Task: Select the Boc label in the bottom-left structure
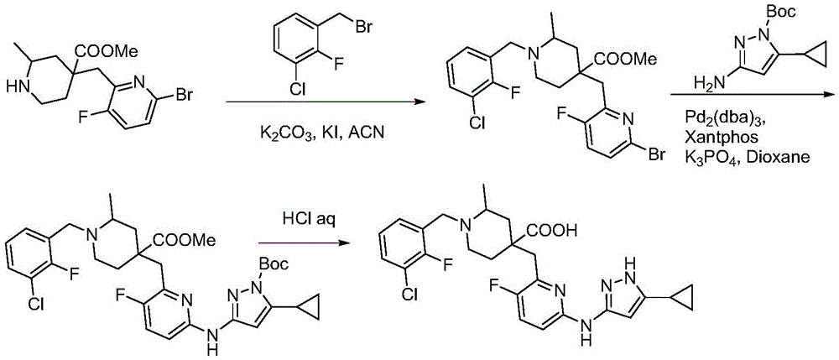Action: point(274,263)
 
